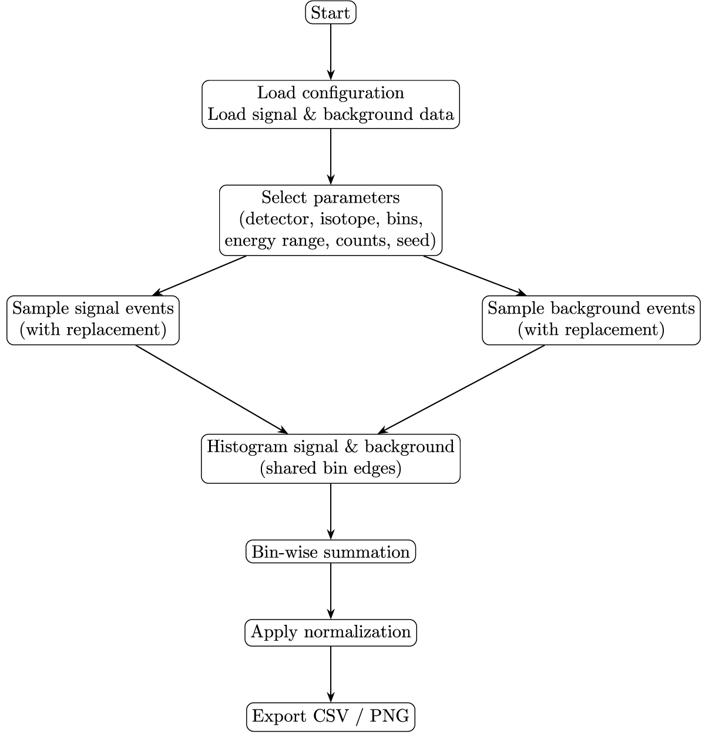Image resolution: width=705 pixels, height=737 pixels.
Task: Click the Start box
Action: click(330, 12)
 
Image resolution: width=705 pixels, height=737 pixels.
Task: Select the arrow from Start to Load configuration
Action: click(330, 52)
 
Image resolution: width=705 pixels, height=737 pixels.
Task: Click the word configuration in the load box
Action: click(353, 93)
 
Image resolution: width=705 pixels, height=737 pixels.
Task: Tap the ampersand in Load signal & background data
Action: click(310, 115)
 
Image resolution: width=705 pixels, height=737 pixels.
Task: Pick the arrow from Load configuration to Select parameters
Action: click(330, 156)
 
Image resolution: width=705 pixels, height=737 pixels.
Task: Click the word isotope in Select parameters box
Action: click(350, 219)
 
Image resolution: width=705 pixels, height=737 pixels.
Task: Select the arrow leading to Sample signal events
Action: click(199, 275)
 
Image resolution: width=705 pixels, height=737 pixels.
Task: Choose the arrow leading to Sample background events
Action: click(475, 275)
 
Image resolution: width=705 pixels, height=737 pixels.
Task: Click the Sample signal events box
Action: click(93, 320)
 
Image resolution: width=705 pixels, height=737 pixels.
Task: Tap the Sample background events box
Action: click(591, 320)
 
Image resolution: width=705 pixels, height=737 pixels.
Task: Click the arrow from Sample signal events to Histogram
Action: click(211, 389)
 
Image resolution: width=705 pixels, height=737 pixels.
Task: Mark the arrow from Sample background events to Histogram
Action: click(461, 389)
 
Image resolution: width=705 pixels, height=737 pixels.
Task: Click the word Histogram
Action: click(247, 447)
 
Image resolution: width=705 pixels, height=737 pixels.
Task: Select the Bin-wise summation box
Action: click(330, 551)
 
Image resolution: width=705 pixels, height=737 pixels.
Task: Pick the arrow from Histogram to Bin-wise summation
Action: click(330, 511)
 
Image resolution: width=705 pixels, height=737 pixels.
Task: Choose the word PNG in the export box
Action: click(390, 716)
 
